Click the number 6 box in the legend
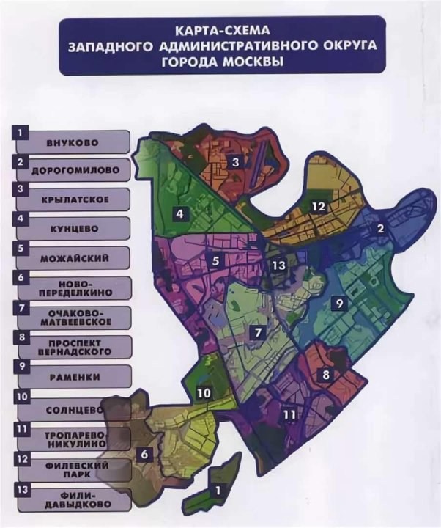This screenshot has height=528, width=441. click(x=22, y=278)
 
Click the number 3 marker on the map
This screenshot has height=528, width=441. click(x=235, y=162)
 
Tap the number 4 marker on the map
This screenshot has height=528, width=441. click(x=178, y=214)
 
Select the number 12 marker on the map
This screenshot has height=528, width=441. click(x=316, y=206)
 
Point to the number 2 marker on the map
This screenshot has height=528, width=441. click(x=380, y=229)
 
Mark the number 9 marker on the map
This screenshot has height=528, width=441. click(x=340, y=302)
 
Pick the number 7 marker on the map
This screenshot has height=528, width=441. click(x=259, y=332)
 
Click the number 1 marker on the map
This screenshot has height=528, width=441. click(x=218, y=487)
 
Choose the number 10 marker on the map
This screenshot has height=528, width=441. click(x=204, y=393)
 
